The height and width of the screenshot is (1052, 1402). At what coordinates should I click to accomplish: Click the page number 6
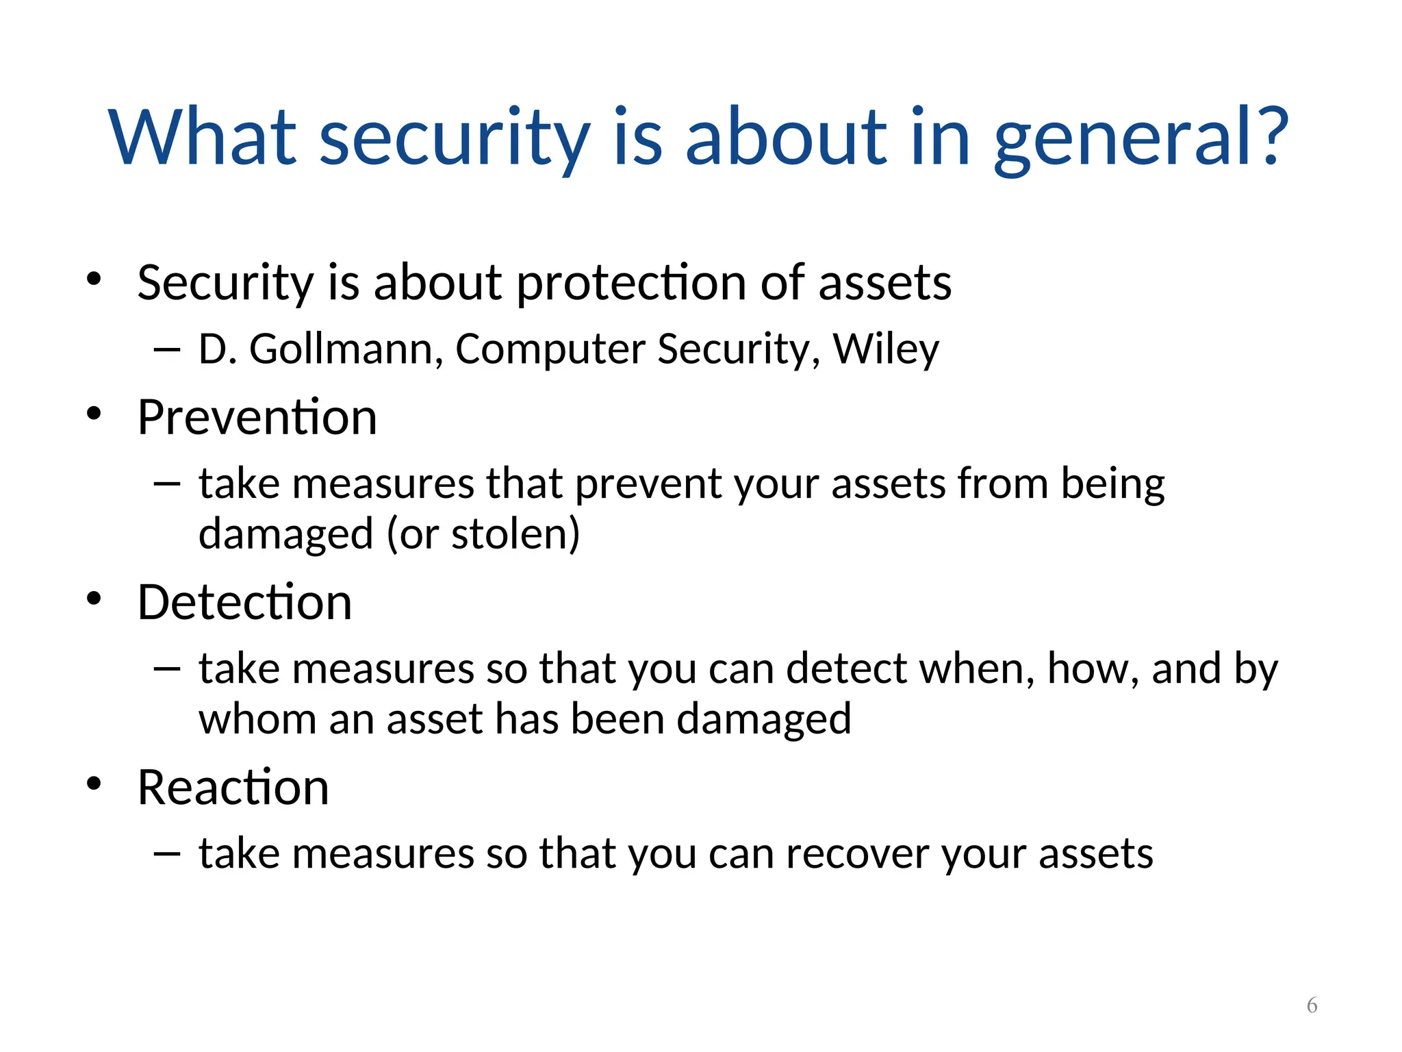[1312, 1005]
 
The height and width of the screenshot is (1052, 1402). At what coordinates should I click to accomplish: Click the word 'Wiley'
[886, 349]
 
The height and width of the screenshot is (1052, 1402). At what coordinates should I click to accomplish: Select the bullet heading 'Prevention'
[257, 417]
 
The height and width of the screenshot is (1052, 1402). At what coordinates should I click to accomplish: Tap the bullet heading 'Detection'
[244, 602]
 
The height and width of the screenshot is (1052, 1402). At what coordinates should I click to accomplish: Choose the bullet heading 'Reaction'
[233, 787]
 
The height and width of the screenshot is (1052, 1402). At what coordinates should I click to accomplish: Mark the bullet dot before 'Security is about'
[94, 279]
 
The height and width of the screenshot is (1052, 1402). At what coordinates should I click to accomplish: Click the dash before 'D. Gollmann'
[167, 350]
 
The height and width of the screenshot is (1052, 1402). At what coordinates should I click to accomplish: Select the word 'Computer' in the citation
[550, 349]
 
